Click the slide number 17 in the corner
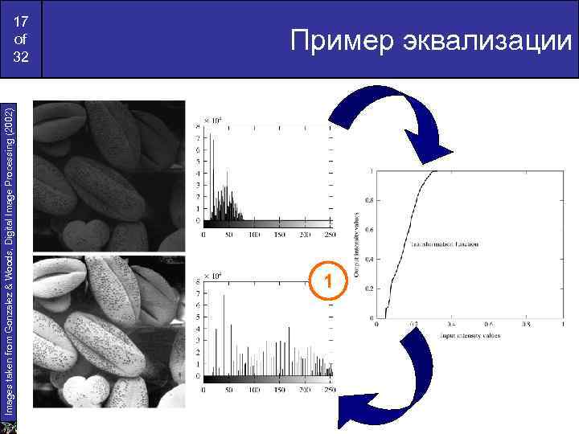[21, 22]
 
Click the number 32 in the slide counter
[21, 58]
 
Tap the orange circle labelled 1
[327, 281]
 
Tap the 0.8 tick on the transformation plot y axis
[368, 199]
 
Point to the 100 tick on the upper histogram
[253, 235]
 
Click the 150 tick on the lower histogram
[280, 390]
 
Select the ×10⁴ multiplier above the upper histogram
[212, 120]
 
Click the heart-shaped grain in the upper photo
[83, 234]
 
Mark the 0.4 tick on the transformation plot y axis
[368, 258]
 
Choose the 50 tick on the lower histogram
[228, 390]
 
